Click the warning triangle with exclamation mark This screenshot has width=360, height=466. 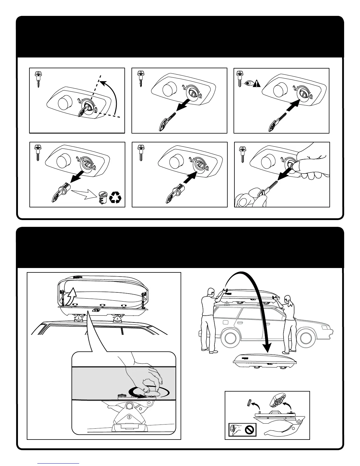click(x=257, y=83)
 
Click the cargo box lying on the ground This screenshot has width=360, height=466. click(x=259, y=362)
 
